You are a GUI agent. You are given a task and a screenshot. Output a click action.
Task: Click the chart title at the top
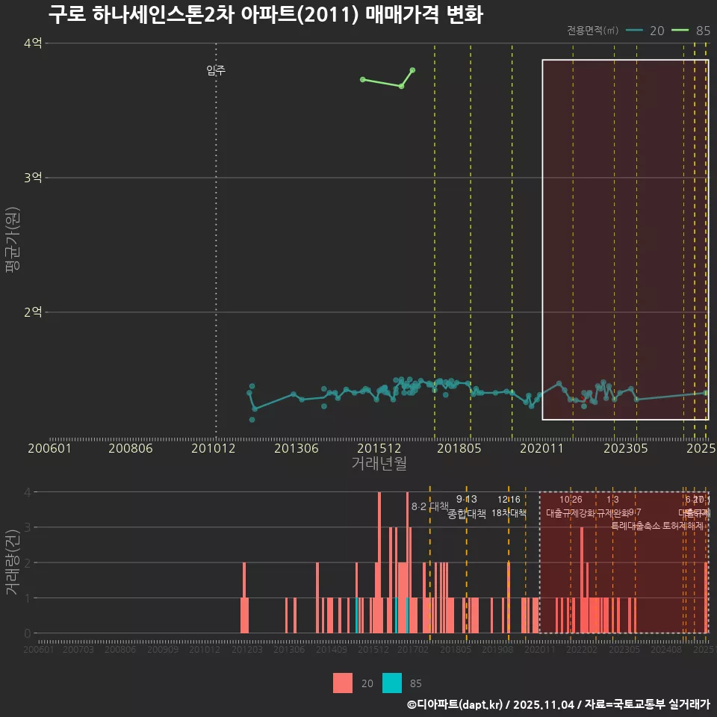tap(266, 15)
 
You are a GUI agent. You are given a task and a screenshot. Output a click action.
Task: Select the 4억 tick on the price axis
tap(33, 43)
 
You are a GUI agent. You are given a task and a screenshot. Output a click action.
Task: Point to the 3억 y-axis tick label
tap(33, 178)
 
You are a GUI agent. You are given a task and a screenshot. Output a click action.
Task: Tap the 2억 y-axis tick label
tap(33, 312)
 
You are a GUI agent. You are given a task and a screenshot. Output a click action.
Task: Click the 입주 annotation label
tap(216, 71)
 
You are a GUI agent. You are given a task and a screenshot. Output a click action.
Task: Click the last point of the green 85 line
tap(413, 70)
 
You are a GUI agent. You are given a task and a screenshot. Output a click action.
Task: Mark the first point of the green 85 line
tap(362, 79)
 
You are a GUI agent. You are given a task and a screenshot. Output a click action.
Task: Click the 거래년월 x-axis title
tap(379, 464)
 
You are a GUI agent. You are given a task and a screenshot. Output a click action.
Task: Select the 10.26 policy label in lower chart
tap(571, 500)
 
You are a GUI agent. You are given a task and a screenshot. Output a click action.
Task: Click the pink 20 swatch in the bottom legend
tap(343, 683)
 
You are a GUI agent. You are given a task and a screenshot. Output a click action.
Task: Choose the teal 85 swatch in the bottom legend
tap(392, 683)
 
